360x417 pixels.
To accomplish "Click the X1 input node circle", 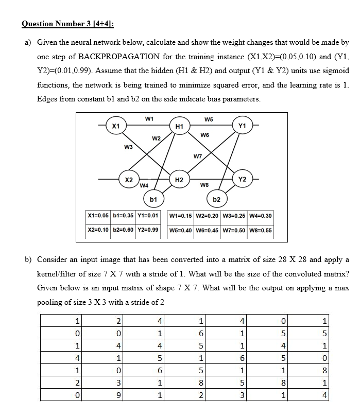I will (116, 126).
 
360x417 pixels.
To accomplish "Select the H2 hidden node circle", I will (179, 180).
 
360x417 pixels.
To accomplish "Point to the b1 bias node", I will (153, 198).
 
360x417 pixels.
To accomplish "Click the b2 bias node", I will (217, 199).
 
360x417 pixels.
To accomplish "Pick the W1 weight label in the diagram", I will (149, 118).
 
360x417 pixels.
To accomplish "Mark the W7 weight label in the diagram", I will (198, 156).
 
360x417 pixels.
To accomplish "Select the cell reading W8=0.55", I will (260, 230).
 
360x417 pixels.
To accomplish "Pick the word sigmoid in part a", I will (335, 71).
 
